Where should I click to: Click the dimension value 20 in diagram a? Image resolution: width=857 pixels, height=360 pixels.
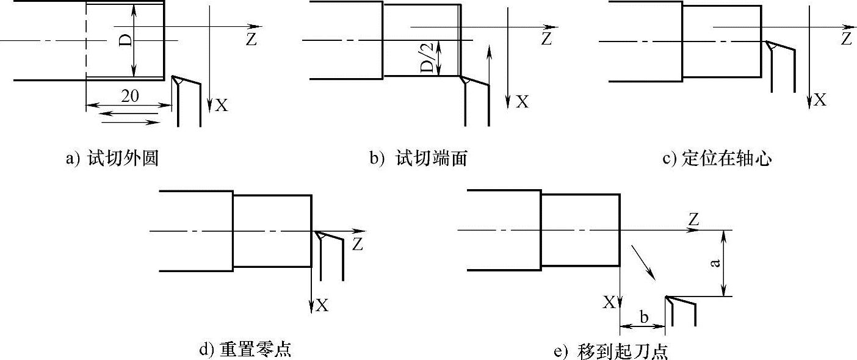(x=129, y=96)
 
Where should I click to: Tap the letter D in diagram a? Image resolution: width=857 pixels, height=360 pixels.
(x=125, y=41)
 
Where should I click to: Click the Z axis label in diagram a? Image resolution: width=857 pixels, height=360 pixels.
(x=250, y=39)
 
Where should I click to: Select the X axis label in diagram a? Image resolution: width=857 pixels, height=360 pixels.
(x=222, y=106)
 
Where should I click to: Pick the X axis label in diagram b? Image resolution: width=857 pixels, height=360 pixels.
(x=522, y=102)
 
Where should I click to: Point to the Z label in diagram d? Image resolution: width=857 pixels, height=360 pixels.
(x=358, y=245)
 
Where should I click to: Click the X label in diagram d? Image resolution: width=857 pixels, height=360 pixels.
(x=322, y=304)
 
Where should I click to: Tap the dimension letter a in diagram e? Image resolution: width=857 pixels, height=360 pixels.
(x=715, y=263)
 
